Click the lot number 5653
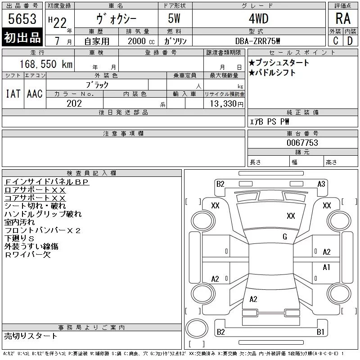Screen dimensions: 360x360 (x=22, y=19)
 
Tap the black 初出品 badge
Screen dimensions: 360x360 (x=22, y=37)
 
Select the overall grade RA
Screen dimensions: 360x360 (x=343, y=18)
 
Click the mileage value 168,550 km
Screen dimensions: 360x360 (x=46, y=64)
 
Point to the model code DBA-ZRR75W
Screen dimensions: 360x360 (x=257, y=41)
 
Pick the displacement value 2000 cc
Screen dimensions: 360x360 (x=141, y=41)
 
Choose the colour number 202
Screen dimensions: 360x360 (x=74, y=103)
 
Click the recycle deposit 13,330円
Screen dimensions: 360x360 (x=227, y=104)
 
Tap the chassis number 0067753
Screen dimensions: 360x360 (x=302, y=143)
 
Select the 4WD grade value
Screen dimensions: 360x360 (x=259, y=18)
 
